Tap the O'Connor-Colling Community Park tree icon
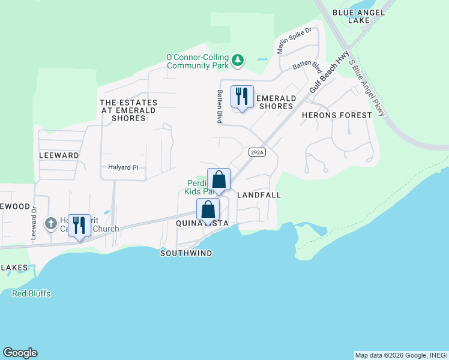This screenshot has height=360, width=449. tap(238, 59)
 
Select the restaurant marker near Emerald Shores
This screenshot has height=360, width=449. tap(242, 97)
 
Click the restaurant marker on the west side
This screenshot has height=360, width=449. tap(79, 226)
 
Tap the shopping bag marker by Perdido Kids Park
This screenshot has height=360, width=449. tap(218, 179)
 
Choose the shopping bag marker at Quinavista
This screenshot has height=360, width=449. tap(208, 211)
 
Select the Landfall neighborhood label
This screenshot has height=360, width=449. tap(259, 195)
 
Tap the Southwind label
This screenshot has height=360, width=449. tap(186, 253)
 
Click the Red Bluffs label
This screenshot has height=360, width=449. tap(31, 293)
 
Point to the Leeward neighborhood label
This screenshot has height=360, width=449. tap(59, 155)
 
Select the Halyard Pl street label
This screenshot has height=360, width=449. tap(123, 167)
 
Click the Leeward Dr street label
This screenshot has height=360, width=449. tap(34, 222)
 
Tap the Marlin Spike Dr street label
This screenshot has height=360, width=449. tap(295, 40)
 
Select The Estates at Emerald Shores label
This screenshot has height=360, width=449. tap(128, 110)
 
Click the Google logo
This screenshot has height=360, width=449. tap(20, 353)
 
